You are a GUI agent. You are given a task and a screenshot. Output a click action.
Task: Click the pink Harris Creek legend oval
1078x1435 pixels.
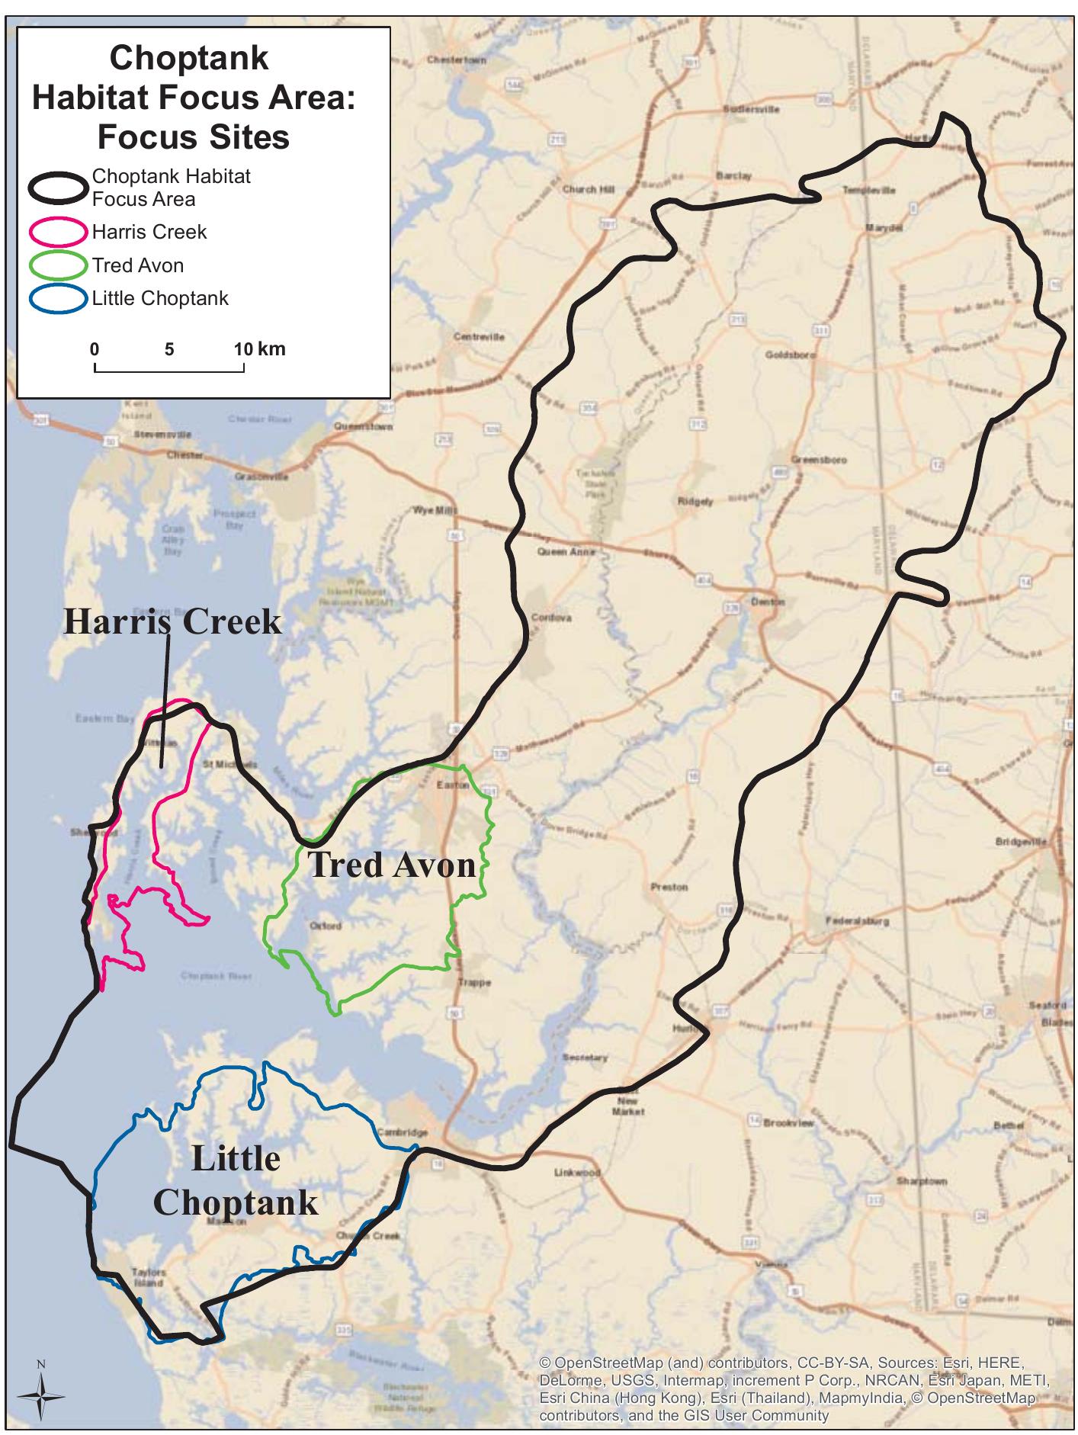tap(58, 231)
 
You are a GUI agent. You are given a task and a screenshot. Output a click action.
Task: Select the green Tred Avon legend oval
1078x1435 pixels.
tap(58, 265)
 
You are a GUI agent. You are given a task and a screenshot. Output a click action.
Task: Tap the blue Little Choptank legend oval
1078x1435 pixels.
tap(58, 298)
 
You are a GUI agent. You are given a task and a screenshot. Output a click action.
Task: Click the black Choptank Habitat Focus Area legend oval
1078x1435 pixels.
tap(58, 188)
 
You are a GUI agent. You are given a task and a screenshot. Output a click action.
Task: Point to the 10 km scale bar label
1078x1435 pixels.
tap(260, 349)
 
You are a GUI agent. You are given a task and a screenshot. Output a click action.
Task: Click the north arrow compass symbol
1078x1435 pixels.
tap(42, 1395)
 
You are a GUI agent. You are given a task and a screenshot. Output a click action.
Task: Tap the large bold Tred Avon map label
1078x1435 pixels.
tap(392, 865)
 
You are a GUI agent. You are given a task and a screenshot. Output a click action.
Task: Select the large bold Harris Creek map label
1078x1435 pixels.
tap(172, 621)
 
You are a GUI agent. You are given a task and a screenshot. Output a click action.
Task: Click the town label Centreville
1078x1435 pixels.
tap(479, 336)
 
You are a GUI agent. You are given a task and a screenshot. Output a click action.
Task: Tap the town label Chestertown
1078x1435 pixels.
tap(457, 59)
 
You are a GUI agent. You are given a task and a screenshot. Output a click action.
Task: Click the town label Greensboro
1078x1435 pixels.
tap(818, 460)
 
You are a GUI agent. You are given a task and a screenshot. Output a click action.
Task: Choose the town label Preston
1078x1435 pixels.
tap(669, 887)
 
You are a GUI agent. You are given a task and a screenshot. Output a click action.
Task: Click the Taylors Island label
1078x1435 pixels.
tap(148, 1276)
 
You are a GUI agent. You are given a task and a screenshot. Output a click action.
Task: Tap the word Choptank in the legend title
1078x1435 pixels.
tap(189, 58)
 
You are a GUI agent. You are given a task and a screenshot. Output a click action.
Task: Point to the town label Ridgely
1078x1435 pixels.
tap(695, 502)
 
